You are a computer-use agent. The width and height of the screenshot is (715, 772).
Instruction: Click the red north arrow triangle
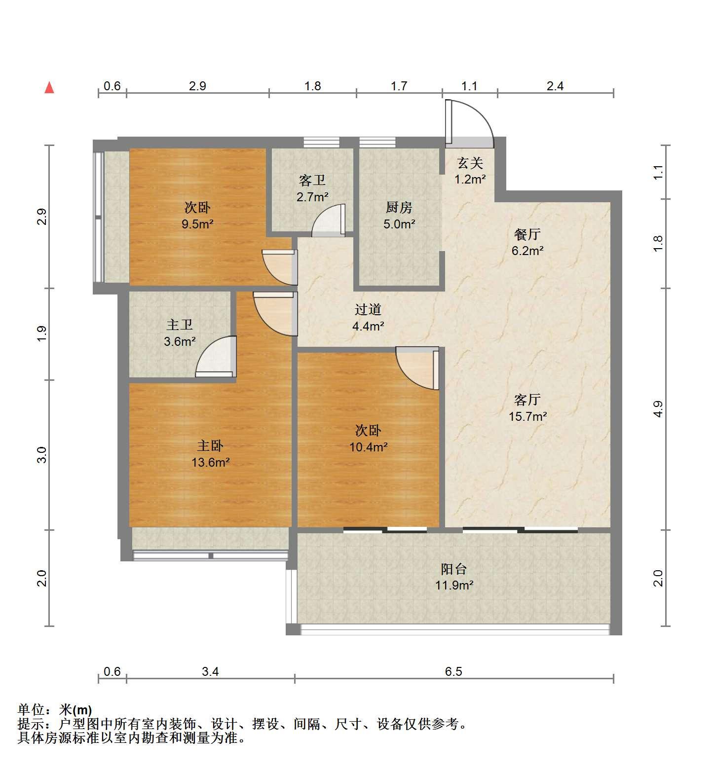pyautogui.click(x=49, y=88)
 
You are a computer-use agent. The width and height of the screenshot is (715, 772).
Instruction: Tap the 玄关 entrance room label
pyautogui.click(x=469, y=163)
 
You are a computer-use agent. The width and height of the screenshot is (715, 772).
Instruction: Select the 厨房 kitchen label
pyautogui.click(x=399, y=208)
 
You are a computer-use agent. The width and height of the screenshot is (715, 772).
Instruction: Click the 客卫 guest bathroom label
pyautogui.click(x=312, y=181)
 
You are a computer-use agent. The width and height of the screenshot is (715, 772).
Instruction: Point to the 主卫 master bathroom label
pyautogui.click(x=180, y=325)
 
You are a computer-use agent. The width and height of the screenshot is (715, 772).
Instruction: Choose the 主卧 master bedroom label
pyautogui.click(x=210, y=446)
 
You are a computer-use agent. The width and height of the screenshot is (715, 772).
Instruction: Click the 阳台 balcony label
pyautogui.click(x=453, y=569)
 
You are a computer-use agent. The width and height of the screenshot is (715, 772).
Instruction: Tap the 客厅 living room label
pyautogui.click(x=527, y=400)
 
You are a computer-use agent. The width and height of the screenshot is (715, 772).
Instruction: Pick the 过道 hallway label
pyautogui.click(x=368, y=309)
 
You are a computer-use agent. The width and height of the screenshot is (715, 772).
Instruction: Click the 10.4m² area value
pyautogui.click(x=368, y=447)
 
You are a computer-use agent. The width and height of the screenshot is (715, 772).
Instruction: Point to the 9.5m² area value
pyautogui.click(x=197, y=224)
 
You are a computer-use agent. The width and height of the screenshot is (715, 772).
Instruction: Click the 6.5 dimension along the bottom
pyautogui.click(x=453, y=671)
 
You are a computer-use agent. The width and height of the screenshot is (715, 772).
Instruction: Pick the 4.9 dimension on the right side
pyautogui.click(x=658, y=409)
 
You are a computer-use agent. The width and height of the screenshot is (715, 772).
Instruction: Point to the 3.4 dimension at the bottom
pyautogui.click(x=210, y=671)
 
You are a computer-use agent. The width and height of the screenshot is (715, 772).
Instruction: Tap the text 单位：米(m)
pyautogui.click(x=55, y=710)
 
